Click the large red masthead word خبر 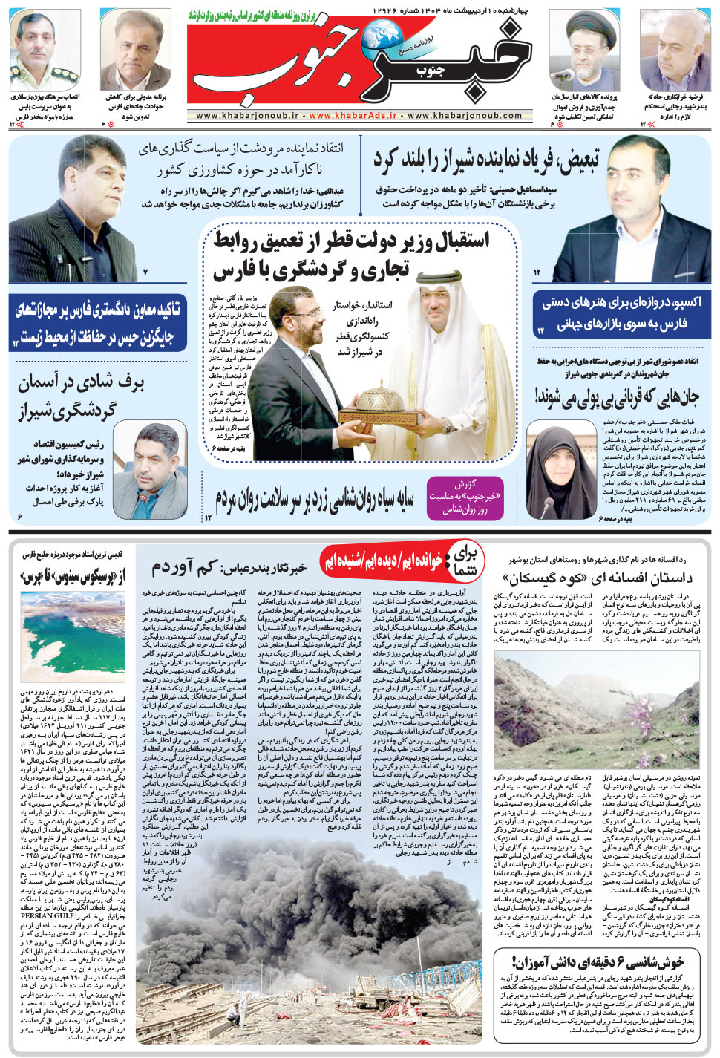475,63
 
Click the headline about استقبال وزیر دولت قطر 352,255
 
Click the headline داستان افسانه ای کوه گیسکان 597,578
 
